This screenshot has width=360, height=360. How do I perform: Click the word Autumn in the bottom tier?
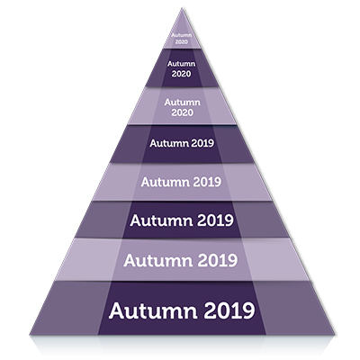coord(153,310)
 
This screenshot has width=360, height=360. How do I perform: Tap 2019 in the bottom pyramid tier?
coord(229,310)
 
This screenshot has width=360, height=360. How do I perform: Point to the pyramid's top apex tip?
coord(182,8)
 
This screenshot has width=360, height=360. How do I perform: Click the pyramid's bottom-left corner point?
coord(30,335)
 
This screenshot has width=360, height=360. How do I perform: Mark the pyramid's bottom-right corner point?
coord(334,335)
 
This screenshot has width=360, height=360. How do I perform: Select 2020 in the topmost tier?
coord(182,42)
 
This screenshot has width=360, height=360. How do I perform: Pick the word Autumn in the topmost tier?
coord(182,35)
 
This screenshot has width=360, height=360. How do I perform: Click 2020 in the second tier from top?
coord(182,74)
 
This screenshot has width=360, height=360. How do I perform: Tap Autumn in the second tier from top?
coord(182,64)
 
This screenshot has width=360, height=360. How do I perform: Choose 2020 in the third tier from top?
coord(182,112)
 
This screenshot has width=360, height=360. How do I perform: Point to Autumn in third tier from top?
coord(182,103)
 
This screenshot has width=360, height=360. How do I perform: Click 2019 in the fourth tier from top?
coord(202,143)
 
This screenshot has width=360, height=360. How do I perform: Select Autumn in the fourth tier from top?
coord(169,143)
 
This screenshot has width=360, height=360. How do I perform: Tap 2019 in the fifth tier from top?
coord(207,182)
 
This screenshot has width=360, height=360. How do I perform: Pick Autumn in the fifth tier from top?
coord(166,182)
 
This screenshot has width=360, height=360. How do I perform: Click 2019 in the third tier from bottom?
coord(215,220)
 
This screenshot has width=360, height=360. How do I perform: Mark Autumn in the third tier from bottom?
coord(161,220)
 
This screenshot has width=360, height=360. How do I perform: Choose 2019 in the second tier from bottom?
coord(218,260)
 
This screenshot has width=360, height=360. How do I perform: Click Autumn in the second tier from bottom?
coord(158,260)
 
